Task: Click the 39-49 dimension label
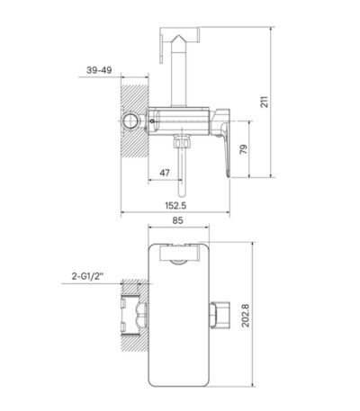[x=99, y=70]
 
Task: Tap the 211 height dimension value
[x=264, y=102]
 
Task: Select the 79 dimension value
[x=244, y=149]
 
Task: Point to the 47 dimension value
[x=165, y=173]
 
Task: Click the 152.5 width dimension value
[x=175, y=206]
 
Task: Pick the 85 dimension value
[x=177, y=220]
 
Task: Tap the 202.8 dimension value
[x=246, y=316]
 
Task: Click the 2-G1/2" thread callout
[x=87, y=276]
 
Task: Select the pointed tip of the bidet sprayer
[x=179, y=35]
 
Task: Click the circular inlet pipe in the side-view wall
[x=130, y=121]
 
